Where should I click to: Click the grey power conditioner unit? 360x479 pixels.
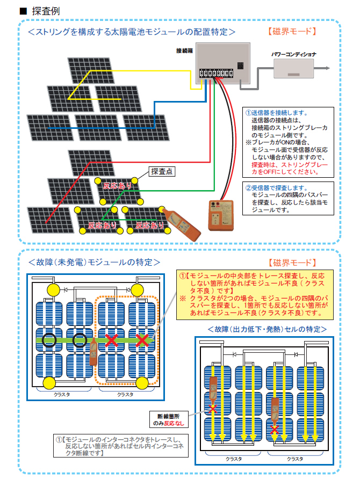tap(293, 69)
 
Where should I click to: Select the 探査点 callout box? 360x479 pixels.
tap(162, 172)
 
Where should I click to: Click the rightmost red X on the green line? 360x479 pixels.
tap(142, 339)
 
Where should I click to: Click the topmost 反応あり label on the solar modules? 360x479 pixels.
tap(117, 185)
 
